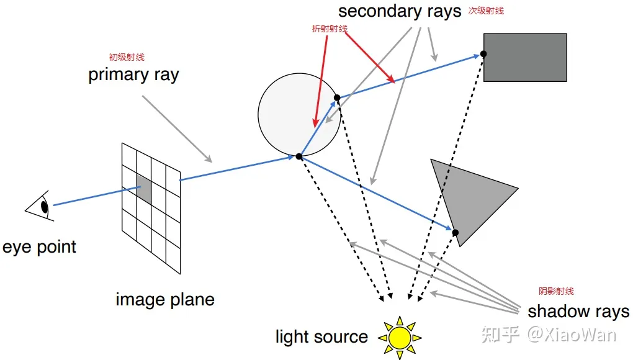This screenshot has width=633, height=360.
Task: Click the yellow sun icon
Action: click(400, 338)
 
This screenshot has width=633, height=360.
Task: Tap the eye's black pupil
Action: click(45, 207)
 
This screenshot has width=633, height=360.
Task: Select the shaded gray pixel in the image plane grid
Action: click(144, 189)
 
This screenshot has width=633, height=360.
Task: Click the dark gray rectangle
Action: click(525, 57)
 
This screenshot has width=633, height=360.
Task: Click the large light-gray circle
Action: click(299, 114)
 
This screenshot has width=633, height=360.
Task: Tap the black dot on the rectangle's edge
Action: click(483, 53)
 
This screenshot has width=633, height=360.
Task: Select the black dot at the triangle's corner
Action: click(456, 233)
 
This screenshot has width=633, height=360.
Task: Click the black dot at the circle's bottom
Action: click(299, 156)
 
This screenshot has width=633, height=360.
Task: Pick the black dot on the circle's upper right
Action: click(337, 97)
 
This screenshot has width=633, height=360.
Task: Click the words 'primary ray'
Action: click(133, 75)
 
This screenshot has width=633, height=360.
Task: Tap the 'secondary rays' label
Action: click(400, 12)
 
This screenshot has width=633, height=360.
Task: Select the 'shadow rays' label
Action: click(578, 312)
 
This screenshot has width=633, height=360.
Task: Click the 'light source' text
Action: click(321, 336)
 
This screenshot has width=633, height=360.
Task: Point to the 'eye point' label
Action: click(39, 247)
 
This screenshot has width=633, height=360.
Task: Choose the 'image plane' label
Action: click(165, 300)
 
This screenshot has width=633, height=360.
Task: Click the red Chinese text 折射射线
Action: click(330, 29)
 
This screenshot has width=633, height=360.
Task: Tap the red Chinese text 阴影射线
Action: click(556, 291)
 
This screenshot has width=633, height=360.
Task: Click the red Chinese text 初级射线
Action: click(127, 57)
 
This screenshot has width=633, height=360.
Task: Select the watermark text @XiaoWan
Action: click(572, 335)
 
